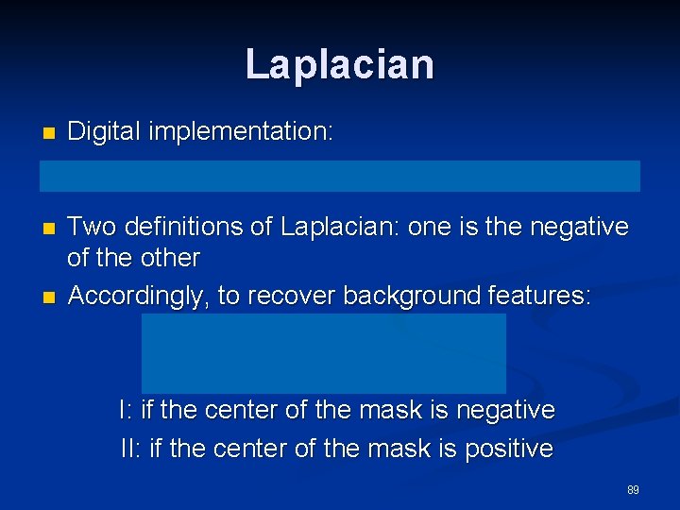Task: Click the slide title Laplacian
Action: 340,64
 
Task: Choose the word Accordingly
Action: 138,296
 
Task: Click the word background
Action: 412,296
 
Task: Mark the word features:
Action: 539,296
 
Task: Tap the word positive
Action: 508,449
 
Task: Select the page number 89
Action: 633,490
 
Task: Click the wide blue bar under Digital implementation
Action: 339,176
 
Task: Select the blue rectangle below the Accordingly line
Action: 324,353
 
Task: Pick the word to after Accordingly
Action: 229,296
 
